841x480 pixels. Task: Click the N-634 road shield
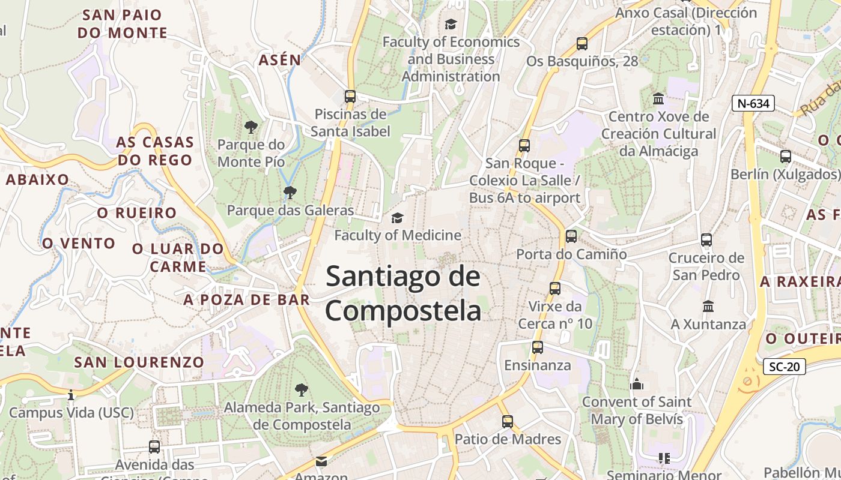tap(753, 103)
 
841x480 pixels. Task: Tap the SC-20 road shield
tap(785, 366)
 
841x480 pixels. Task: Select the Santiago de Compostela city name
tap(403, 294)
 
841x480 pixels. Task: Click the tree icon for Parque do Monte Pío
tap(251, 127)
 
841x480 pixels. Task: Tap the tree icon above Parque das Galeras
tap(290, 193)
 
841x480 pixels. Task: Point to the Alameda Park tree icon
tap(302, 390)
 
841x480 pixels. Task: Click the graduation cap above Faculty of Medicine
tap(397, 217)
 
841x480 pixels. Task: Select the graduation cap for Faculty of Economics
tap(451, 24)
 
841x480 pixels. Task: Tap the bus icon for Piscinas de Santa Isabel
tap(350, 96)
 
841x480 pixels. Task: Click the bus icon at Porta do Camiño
tap(571, 236)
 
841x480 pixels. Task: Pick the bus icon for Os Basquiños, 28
tap(581, 43)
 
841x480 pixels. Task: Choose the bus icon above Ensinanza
tap(538, 347)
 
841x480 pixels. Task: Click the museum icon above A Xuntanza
tap(708, 306)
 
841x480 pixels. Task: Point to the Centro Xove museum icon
tap(658, 98)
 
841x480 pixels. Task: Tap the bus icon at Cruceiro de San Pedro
tap(706, 240)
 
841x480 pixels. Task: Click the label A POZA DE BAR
tap(247, 299)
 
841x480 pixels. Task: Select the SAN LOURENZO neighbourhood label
tap(139, 362)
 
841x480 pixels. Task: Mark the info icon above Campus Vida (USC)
tap(71, 395)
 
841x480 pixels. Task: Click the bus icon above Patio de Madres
tap(508, 421)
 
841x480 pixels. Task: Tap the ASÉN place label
tap(279, 60)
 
